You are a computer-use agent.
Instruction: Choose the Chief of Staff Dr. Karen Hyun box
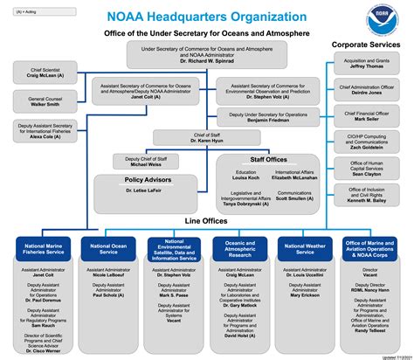click(205, 137)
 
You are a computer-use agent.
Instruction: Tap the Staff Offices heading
click(269, 160)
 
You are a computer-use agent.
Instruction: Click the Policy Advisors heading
click(147, 179)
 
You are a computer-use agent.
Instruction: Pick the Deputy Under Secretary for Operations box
click(271, 118)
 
